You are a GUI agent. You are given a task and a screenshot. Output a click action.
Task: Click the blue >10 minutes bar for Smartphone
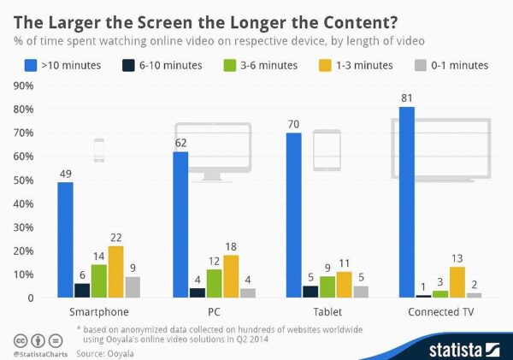pyautogui.click(x=65, y=239)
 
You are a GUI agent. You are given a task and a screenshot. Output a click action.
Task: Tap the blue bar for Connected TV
pyautogui.click(x=407, y=202)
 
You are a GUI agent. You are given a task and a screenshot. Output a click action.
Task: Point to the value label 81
pyautogui.click(x=407, y=98)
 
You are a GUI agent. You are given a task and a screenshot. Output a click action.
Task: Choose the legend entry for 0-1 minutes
pyautogui.click(x=452, y=65)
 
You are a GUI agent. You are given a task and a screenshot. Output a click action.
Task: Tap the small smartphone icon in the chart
pyautogui.click(x=98, y=150)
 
